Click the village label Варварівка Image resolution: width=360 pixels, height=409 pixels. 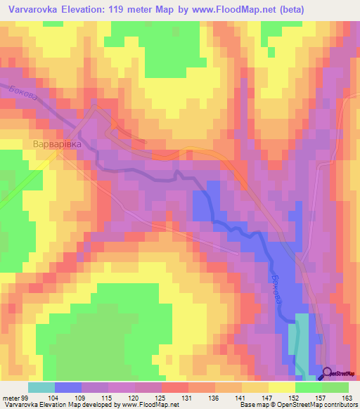coord(57,144)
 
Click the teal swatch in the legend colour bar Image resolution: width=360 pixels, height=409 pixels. coord(41,388)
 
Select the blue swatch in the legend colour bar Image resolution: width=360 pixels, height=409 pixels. coord(67,388)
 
